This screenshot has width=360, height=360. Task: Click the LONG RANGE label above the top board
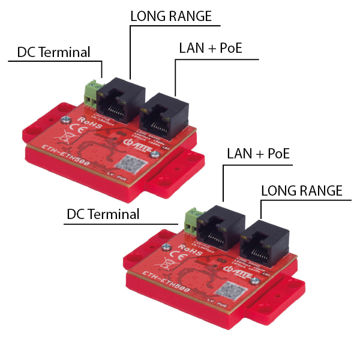point(171,17)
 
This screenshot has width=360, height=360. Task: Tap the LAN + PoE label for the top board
point(210,48)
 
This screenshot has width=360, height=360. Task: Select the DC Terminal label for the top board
point(53,52)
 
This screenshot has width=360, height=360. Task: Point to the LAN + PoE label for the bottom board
point(258,154)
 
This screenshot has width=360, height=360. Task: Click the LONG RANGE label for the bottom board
point(302,191)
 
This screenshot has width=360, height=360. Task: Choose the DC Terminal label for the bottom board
point(103,214)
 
